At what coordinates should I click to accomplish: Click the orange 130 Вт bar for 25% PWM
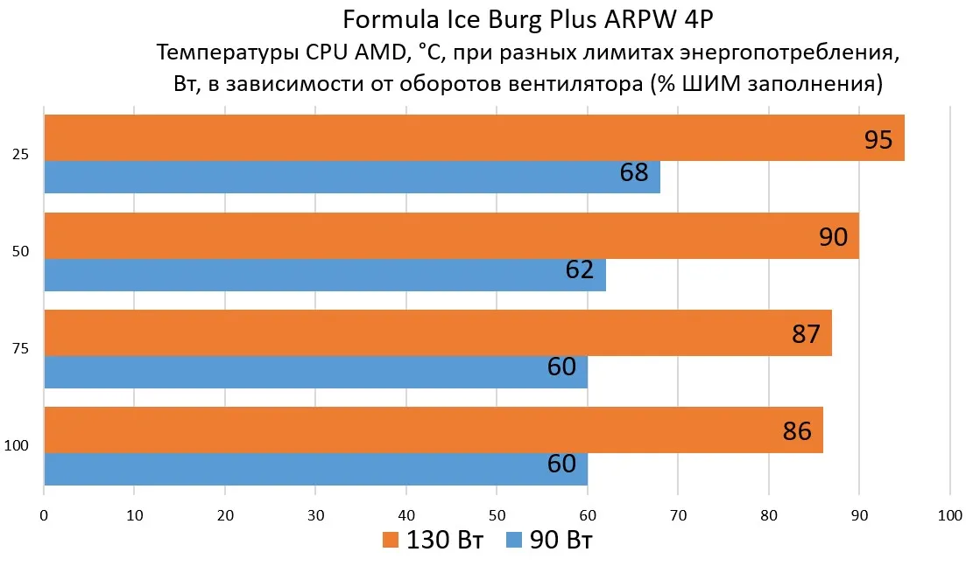coord(475,138)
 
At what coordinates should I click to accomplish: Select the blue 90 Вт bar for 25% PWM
coord(352,178)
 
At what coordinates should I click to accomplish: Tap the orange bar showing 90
coord(452,235)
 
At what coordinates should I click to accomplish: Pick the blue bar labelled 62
coord(325,275)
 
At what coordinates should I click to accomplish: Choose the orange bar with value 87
coord(438,332)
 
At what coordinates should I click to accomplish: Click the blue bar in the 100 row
coord(316,470)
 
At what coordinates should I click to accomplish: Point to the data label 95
coord(878,140)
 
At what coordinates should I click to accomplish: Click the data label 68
coord(634,172)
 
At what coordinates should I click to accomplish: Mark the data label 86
coord(797,431)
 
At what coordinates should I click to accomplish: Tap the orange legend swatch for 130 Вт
coord(391,540)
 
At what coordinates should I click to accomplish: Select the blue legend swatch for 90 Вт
coord(514,540)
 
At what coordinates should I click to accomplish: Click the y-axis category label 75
coord(20,349)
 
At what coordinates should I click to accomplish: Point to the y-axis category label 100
coord(16,446)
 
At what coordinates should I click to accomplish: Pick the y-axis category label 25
coord(20,155)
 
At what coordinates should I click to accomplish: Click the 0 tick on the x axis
coord(44,515)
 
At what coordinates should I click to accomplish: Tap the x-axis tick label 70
coord(678,515)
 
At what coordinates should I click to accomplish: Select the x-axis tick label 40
coord(406,515)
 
